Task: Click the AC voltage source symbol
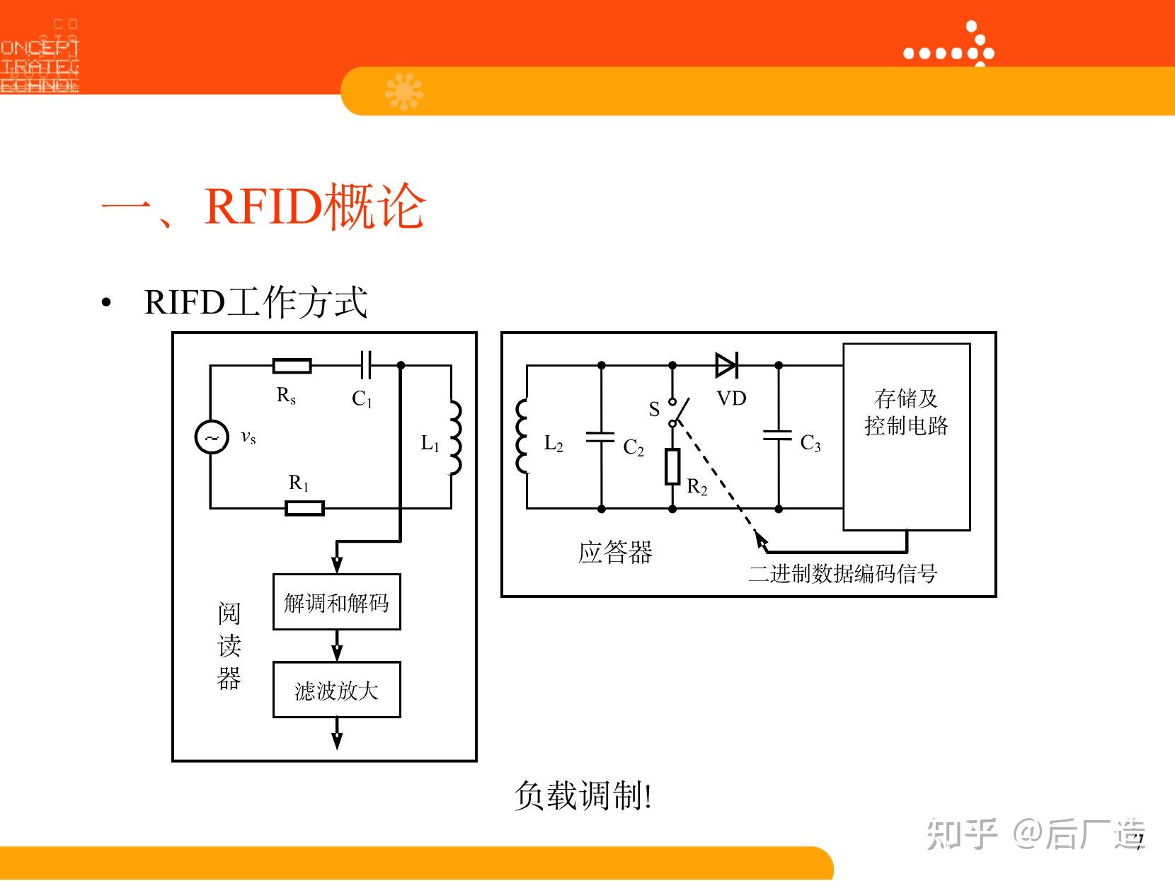[211, 437]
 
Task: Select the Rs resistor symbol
[292, 366]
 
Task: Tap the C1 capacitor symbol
[365, 366]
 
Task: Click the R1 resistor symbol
[304, 507]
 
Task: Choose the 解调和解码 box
[337, 602]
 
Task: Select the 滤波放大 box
[337, 690]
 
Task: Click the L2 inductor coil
[523, 436]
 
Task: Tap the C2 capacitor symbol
[601, 437]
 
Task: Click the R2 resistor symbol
[672, 466]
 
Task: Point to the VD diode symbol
[726, 366]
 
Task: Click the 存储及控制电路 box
[906, 437]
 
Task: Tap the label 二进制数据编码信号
[842, 573]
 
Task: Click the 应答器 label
[615, 552]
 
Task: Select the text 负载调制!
[583, 795]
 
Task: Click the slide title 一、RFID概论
[263, 207]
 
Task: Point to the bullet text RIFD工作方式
[256, 302]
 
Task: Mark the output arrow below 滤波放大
[337, 734]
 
